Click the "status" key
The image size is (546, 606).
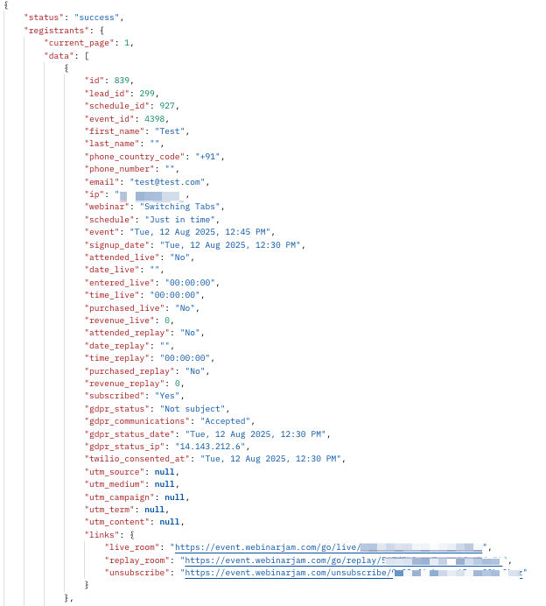pyautogui.click(x=43, y=17)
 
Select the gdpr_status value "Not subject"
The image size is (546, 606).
pyautogui.click(x=193, y=409)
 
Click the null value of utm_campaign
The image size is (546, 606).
pyautogui.click(x=174, y=497)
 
